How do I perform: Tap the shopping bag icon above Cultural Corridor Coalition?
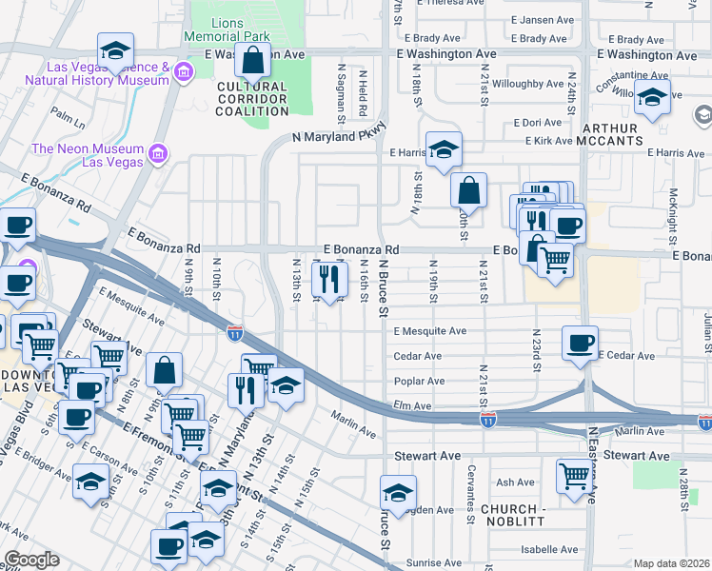[252, 62]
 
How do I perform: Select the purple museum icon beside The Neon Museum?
[158, 153]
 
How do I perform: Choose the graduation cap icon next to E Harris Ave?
[444, 149]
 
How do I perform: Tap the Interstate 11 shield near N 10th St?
[235, 332]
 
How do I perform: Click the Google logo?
[30, 560]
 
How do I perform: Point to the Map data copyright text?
[672, 563]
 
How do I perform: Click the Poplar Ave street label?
[419, 381]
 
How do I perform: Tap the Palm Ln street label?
[69, 119]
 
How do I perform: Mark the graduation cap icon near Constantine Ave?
[653, 96]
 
